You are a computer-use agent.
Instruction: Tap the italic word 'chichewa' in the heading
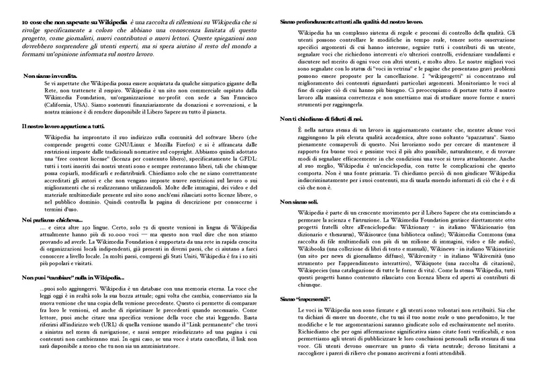(68, 220)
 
